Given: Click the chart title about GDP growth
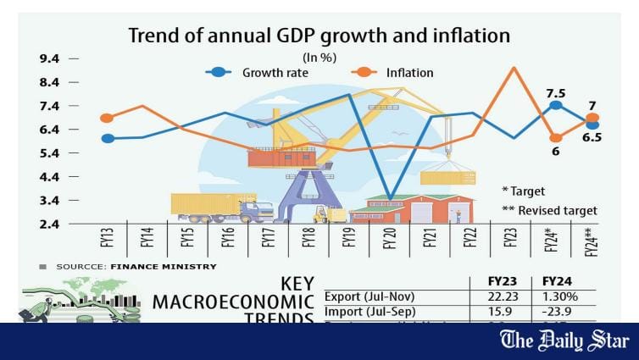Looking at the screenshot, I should pos(319,36).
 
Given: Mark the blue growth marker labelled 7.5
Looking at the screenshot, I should pos(555,105).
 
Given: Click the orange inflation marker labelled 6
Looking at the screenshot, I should pos(555,137).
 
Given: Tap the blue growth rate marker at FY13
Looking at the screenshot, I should pos(107,138).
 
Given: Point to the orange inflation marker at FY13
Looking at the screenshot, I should pos(107,119).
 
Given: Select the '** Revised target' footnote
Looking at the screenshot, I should pos(549,210).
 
